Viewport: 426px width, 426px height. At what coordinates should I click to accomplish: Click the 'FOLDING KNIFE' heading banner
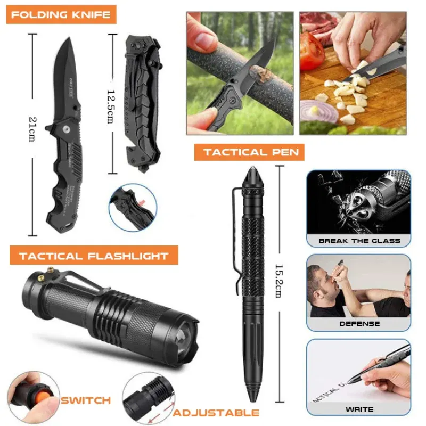(61, 14)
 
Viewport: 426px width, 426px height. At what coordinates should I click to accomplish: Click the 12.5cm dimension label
(109, 106)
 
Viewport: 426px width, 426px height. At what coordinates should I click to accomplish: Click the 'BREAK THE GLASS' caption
(359, 241)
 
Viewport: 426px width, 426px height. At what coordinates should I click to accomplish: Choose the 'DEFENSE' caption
(359, 323)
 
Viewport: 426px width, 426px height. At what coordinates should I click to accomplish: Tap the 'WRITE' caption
(359, 409)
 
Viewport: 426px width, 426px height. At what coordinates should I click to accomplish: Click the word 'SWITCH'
(86, 400)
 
